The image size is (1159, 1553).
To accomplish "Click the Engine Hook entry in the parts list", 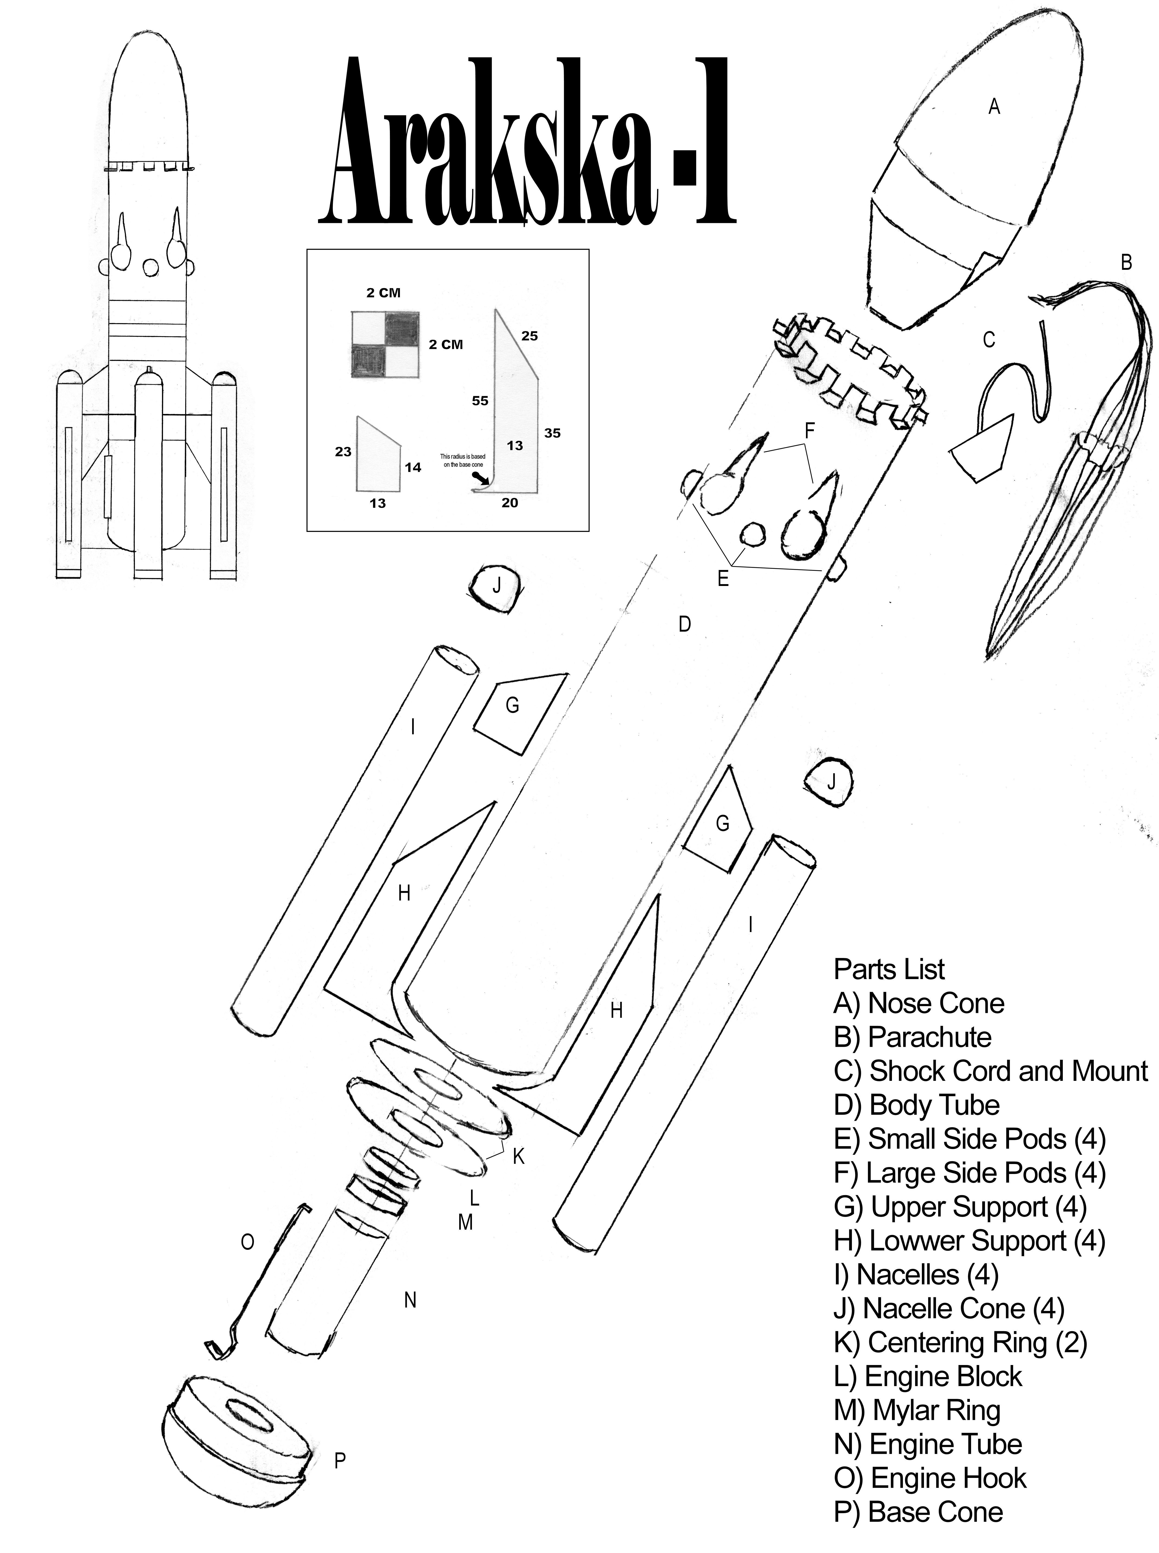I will tap(930, 1478).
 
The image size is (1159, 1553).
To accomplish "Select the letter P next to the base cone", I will tap(340, 1461).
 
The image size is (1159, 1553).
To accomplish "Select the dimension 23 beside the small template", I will tap(343, 452).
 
